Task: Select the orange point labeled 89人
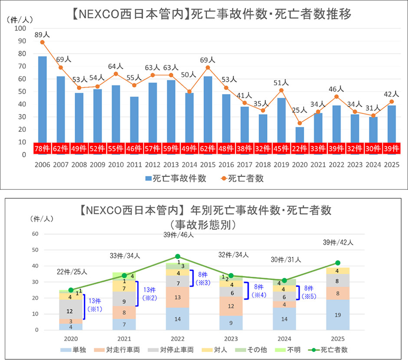(x=43, y=42)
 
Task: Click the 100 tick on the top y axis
(x=20, y=29)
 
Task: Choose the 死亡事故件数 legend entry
(x=176, y=178)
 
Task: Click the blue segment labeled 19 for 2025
(x=337, y=315)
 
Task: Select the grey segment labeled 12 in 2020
(x=71, y=311)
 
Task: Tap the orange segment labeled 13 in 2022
(x=178, y=297)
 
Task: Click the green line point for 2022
(x=178, y=257)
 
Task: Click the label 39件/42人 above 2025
(x=337, y=242)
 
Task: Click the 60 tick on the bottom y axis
(x=36, y=234)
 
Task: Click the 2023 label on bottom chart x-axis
(x=231, y=339)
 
